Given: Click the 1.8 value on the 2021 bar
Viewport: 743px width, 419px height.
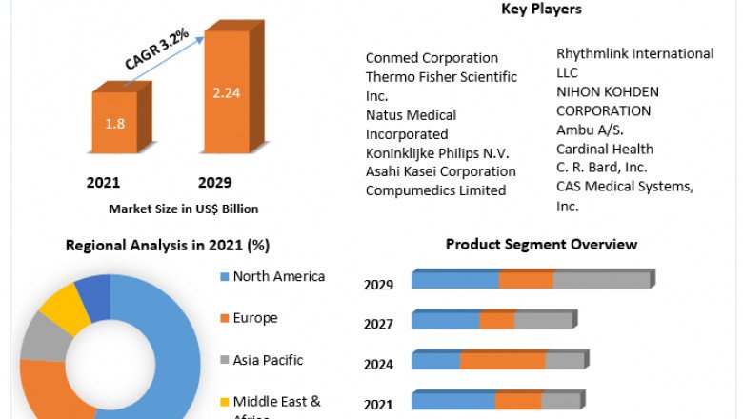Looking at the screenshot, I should (114, 124).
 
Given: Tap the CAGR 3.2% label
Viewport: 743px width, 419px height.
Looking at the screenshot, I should (157, 49).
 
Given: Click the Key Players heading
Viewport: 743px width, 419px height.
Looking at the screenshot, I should (541, 10).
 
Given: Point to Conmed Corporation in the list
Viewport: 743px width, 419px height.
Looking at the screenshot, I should (432, 58).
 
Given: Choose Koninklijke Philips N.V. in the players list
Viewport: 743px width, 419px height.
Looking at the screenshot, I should (437, 153).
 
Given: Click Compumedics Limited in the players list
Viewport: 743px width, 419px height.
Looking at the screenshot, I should (435, 190).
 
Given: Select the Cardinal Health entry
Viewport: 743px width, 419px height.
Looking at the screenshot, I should (605, 149).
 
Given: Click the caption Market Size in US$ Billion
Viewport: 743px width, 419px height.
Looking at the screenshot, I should (184, 209).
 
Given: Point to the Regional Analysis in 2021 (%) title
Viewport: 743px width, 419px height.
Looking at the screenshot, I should (168, 246).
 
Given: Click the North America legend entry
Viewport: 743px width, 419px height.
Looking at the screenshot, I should (278, 277).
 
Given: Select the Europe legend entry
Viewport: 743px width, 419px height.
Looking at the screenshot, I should (254, 318).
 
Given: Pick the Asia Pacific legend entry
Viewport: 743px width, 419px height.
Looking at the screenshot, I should (268, 360).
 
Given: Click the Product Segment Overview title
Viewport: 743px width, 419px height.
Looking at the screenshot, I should (541, 245).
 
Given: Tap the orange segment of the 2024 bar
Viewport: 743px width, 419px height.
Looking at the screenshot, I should (502, 360).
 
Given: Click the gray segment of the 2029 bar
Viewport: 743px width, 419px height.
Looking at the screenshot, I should (601, 279).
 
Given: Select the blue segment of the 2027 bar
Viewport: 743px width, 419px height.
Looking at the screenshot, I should (445, 320).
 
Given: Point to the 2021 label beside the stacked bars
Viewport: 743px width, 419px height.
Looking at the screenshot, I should (378, 404).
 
